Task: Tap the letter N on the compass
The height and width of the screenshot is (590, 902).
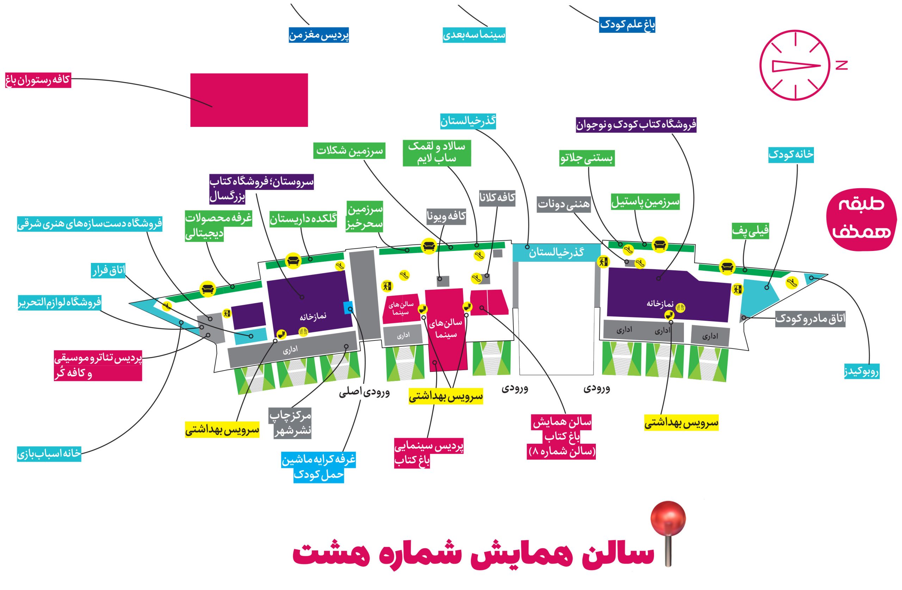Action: pos(841,65)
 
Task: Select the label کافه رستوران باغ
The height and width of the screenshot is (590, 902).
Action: pos(38,80)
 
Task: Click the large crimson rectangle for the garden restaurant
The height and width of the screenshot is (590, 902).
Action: pos(249,100)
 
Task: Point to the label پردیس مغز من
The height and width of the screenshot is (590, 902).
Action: pos(319,35)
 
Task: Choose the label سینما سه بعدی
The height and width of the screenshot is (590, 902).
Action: pos(474,35)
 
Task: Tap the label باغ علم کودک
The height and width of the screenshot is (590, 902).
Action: pos(627,25)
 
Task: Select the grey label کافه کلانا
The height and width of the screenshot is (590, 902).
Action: pos(497,198)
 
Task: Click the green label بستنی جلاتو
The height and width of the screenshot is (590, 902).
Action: pos(587,158)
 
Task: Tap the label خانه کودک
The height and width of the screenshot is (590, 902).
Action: pos(791,155)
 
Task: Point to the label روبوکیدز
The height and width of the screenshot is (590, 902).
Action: pos(861,371)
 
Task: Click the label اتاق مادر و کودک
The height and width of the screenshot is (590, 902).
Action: pos(810,319)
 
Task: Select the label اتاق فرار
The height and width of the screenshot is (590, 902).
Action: pos(109,271)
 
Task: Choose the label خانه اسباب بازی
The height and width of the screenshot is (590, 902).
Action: pos(49,454)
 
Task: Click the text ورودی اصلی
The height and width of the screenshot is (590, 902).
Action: pos(364,392)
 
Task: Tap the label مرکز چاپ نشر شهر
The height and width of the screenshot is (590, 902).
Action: pos(290,423)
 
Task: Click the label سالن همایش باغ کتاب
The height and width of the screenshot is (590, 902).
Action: pos(561,437)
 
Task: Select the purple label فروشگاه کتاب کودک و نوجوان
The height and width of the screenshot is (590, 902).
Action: pos(636,125)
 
